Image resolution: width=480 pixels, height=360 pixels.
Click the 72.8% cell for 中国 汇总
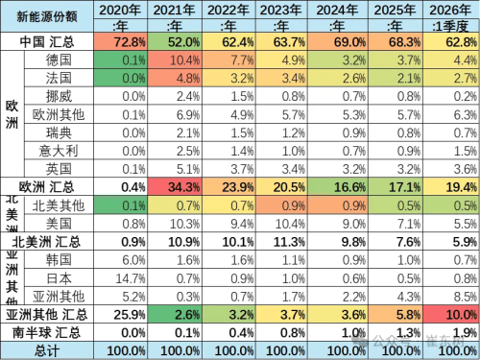(x=126, y=43)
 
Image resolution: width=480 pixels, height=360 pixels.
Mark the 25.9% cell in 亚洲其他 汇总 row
(x=126, y=314)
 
